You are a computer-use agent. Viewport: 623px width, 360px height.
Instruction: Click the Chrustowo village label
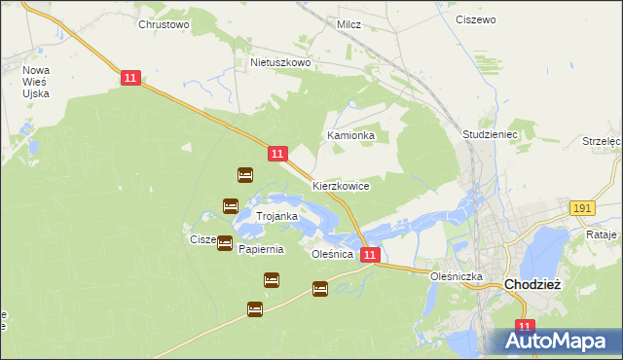click(164, 24)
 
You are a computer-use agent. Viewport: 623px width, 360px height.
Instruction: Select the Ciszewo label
click(476, 19)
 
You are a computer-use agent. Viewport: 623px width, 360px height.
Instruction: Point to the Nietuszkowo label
click(280, 62)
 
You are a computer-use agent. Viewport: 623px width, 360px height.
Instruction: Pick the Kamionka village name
click(350, 136)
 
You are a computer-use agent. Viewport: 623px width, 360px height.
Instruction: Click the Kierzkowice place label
click(340, 185)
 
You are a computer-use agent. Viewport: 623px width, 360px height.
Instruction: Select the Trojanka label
click(276, 215)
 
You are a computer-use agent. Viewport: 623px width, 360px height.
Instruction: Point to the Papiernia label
click(261, 249)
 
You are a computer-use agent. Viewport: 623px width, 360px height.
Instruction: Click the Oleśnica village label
click(330, 253)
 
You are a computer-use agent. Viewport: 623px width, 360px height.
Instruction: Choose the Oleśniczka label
click(458, 276)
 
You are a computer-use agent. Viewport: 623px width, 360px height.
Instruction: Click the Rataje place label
click(604, 234)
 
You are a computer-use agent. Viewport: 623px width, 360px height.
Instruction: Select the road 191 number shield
click(583, 209)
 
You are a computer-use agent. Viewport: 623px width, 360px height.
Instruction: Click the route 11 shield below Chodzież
click(526, 328)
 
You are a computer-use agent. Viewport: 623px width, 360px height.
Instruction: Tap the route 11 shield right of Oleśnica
click(370, 255)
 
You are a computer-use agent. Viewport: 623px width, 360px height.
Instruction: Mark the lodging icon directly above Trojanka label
click(231, 206)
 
